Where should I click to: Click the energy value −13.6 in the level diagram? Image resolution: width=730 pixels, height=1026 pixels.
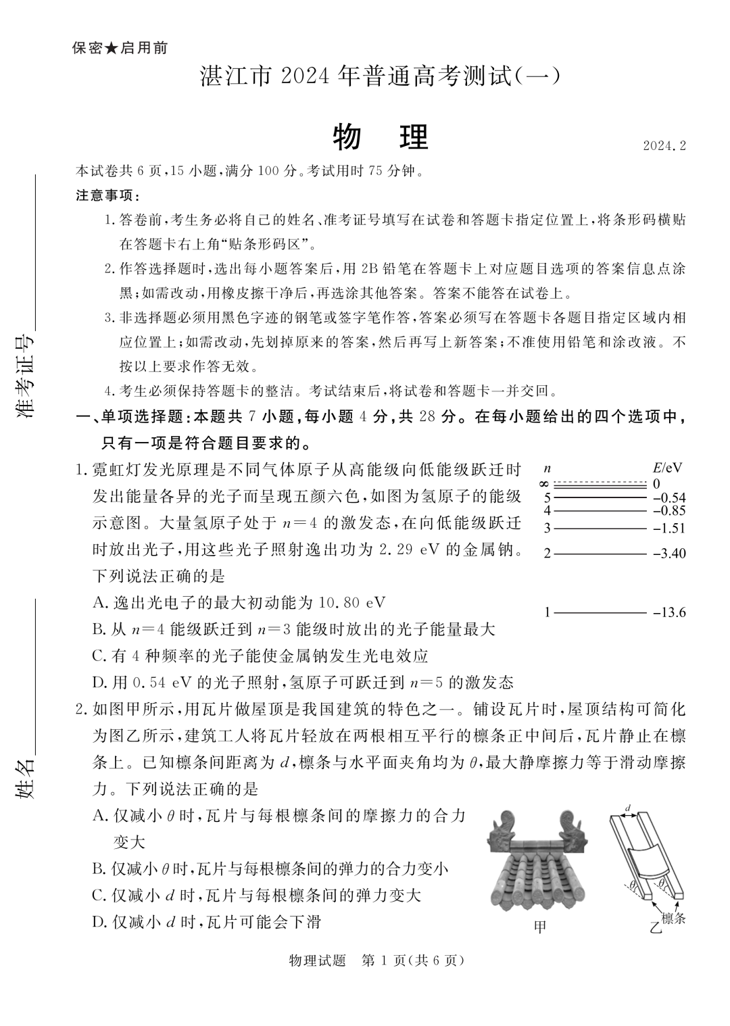pos(669,613)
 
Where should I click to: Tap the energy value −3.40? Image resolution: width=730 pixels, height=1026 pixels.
pos(669,554)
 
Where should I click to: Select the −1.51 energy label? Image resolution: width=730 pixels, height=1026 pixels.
pos(669,529)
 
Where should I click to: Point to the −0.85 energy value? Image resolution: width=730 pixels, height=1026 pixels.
pos(669,511)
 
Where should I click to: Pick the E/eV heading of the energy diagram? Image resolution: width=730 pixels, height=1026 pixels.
pos(667,468)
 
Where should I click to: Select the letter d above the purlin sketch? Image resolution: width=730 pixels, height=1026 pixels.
pos(628,808)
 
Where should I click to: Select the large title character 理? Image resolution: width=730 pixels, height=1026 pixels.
pos(414,138)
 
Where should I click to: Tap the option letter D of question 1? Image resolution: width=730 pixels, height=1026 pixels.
pos(99,682)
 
